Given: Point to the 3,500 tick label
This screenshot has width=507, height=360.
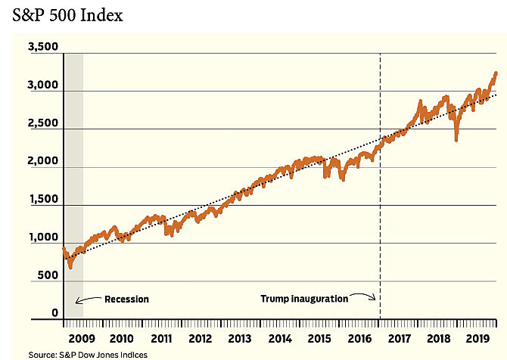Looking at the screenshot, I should click(x=42, y=47).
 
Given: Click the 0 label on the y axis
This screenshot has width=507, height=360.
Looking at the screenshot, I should click(x=54, y=313).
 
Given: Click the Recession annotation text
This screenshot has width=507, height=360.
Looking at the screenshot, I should click(x=126, y=299).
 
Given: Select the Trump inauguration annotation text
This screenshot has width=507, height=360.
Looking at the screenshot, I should click(x=303, y=299).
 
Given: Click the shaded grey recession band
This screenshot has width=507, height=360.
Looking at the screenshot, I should click(x=73, y=189).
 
